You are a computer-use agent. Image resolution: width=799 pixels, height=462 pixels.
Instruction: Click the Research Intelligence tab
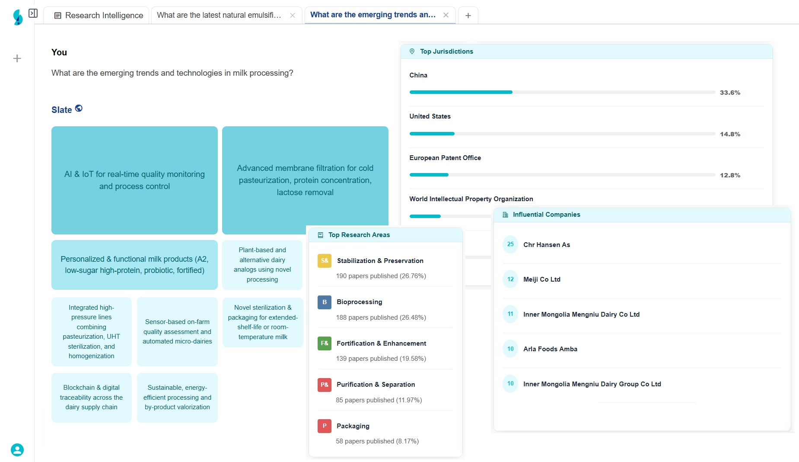pos(99,16)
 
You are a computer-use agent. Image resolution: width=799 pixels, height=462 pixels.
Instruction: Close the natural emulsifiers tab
pos(293,16)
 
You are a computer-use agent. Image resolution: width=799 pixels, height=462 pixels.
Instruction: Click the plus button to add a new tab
pos(468,16)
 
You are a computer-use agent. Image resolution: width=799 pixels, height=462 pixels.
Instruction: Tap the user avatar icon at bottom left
pos(17,450)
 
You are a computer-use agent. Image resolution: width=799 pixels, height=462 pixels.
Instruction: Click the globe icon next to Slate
pos(79,108)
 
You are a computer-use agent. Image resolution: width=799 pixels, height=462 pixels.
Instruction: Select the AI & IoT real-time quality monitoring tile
pos(134,180)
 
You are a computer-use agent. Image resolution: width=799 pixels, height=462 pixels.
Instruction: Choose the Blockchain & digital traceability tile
pos(91,397)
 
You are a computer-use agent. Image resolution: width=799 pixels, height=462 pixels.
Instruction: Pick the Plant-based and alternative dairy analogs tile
pos(262,265)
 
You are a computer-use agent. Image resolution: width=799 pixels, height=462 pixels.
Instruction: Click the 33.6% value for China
pos(730,93)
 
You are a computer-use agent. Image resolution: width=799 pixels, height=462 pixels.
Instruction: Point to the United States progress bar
pos(562,134)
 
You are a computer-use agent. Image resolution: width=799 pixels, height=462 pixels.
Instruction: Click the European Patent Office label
pos(445,158)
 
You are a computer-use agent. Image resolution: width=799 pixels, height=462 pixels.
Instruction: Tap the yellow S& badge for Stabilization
pos(325,261)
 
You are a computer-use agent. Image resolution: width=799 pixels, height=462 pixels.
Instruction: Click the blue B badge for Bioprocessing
pos(325,302)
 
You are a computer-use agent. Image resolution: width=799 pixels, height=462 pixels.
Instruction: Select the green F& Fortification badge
pos(325,343)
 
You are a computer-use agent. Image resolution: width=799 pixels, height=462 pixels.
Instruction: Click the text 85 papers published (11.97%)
pos(379,400)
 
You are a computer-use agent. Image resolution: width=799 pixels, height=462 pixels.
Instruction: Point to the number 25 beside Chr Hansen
pos(510,244)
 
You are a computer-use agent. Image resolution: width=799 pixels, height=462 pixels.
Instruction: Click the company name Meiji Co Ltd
pos(542,279)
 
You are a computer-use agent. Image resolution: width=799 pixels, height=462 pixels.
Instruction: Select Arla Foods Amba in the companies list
pos(550,349)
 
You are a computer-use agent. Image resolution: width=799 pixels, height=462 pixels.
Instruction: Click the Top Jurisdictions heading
pos(446,51)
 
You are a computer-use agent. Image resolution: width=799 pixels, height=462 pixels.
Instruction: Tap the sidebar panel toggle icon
pos(33,13)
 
